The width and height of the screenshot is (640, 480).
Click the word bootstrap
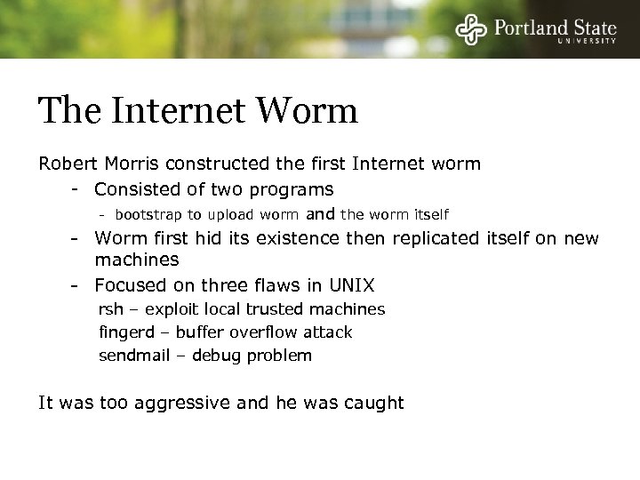pos(147,214)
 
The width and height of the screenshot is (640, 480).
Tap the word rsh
pos(110,309)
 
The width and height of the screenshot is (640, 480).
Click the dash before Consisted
pos(78,189)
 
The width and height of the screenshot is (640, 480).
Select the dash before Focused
pos(78,285)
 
